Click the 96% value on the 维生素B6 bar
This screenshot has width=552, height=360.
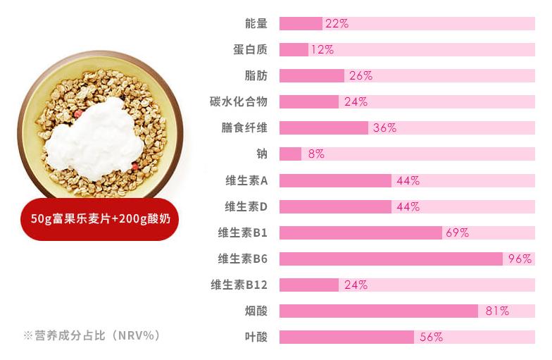point(520,259)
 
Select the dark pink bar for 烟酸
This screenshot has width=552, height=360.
point(378,311)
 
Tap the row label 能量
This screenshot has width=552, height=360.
point(256,23)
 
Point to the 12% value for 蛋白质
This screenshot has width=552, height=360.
point(322,49)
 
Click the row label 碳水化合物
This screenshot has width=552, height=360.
point(239,101)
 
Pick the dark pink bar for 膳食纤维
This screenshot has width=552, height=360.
point(323,128)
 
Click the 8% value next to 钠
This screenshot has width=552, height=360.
point(315,154)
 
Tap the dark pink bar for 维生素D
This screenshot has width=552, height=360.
point(335,206)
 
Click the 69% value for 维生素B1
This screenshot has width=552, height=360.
point(456,232)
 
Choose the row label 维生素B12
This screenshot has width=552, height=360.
point(239,285)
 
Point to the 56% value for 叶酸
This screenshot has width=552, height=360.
point(431,337)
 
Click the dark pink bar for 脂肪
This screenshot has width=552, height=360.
point(311,75)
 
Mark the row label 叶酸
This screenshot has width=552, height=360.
point(256,337)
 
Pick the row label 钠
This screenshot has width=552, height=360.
point(262,154)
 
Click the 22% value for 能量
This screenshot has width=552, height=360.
point(337,23)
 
